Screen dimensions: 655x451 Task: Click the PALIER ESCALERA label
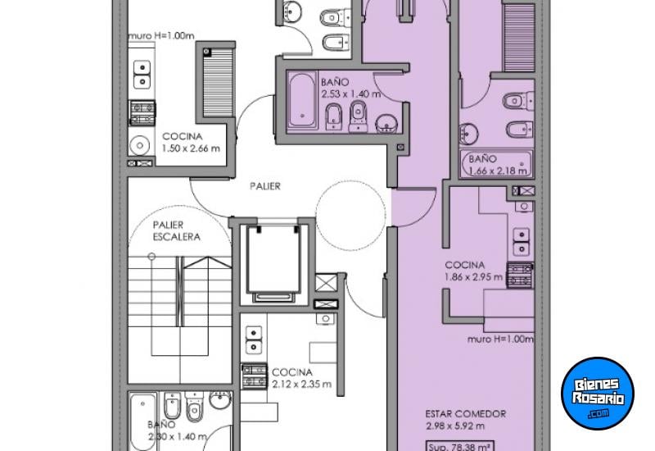click(x=176, y=231)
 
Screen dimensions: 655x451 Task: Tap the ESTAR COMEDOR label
click(x=465, y=414)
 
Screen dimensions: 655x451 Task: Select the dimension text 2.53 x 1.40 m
click(x=351, y=94)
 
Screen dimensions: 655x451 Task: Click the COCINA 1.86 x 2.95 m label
click(x=474, y=271)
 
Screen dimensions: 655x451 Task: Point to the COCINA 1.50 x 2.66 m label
click(x=191, y=142)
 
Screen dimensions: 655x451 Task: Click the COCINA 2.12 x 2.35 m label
click(x=301, y=378)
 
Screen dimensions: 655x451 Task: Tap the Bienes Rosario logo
click(x=598, y=394)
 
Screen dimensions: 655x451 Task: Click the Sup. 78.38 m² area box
click(x=460, y=446)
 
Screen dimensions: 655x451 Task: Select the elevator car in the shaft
click(x=273, y=259)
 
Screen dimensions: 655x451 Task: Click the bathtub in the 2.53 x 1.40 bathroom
click(x=301, y=99)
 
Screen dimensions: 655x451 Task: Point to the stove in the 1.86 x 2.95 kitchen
click(x=520, y=276)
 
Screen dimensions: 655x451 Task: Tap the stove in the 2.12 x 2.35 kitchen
click(x=254, y=376)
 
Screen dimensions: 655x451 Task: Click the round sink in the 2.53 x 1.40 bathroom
click(x=386, y=124)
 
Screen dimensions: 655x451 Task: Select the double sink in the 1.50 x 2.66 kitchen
click(x=142, y=75)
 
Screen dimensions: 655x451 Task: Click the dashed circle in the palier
click(x=351, y=216)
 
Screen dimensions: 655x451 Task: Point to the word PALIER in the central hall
click(x=264, y=186)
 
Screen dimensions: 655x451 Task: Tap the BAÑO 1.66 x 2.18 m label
click(x=497, y=165)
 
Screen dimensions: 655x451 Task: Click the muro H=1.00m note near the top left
click(x=160, y=36)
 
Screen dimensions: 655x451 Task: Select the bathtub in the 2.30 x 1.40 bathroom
click(x=142, y=421)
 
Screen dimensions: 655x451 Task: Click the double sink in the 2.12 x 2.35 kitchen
click(x=254, y=340)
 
